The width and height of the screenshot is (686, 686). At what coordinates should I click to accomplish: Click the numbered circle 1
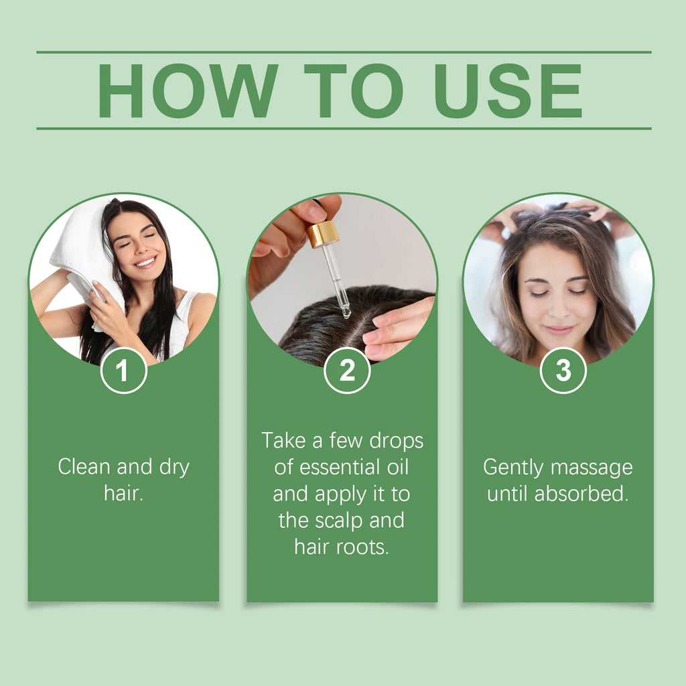pos(123,370)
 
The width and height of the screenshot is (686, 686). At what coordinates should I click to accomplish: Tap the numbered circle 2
pos(347,370)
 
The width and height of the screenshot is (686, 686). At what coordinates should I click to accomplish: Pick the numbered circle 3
pos(563,370)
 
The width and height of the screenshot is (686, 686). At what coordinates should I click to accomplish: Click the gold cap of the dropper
pos(323,234)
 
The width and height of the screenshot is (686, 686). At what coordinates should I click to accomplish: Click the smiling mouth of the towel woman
pos(145,263)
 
